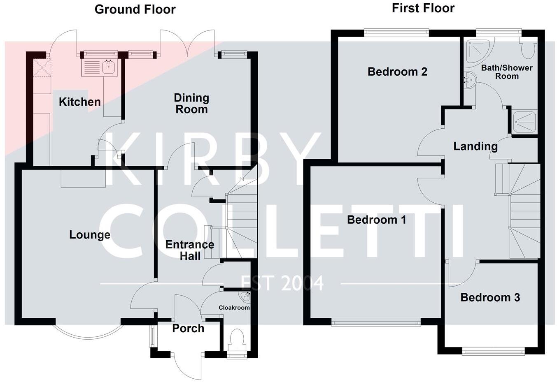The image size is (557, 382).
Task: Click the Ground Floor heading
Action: pyautogui.click(x=135, y=9)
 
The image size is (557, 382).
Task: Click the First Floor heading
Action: pyautogui.click(x=423, y=8)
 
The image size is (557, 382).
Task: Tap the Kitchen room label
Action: pyautogui.click(x=79, y=102)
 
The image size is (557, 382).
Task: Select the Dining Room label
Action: pyautogui.click(x=191, y=104)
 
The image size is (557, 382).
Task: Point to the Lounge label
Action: pyautogui.click(x=90, y=235)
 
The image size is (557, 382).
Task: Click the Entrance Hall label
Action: pyautogui.click(x=190, y=250)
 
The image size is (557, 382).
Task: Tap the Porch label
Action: pyautogui.click(x=188, y=328)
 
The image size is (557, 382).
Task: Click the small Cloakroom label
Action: pyautogui.click(x=234, y=308)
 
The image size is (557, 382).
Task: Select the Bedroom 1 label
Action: pyautogui.click(x=376, y=220)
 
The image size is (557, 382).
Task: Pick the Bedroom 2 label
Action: pyautogui.click(x=397, y=72)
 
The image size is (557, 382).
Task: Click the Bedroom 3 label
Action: pyautogui.click(x=490, y=297)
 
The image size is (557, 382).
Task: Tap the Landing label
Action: pyautogui.click(x=475, y=146)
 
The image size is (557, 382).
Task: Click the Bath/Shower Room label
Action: pyautogui.click(x=507, y=72)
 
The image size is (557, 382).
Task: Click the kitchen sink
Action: pyautogui.click(x=109, y=67)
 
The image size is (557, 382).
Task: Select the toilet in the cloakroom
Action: pyautogui.click(x=237, y=339)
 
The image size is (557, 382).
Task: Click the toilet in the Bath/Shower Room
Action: pyautogui.click(x=528, y=50)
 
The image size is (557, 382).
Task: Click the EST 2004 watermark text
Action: pyautogui.click(x=282, y=283)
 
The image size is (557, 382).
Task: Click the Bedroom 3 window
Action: pyautogui.click(x=493, y=351)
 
